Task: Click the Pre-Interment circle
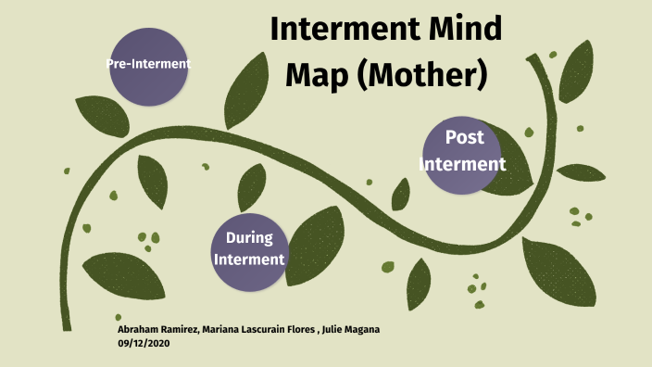click(148, 64)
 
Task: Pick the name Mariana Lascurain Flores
click(258, 330)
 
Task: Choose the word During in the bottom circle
click(248, 238)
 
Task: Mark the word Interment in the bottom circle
click(248, 259)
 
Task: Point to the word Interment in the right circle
click(463, 165)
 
